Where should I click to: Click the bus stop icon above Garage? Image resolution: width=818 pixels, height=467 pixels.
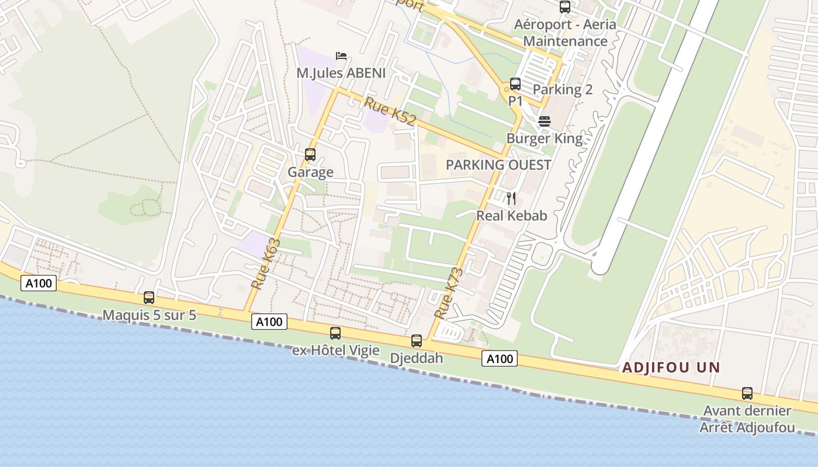(x=310, y=155)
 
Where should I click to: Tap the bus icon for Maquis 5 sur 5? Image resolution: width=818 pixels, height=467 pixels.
(x=149, y=298)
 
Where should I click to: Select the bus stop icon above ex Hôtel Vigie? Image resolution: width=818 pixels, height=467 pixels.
(x=335, y=333)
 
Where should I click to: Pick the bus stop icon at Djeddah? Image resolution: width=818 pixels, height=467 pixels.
(x=417, y=341)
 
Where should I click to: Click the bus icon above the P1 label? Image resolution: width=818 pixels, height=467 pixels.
(x=515, y=84)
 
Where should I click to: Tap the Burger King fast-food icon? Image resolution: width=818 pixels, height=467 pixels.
(x=545, y=121)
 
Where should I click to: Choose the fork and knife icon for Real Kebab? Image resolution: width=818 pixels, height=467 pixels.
(x=511, y=198)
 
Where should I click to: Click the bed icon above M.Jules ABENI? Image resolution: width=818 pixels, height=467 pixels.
(x=341, y=56)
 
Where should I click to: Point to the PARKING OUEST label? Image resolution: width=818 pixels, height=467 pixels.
(x=498, y=165)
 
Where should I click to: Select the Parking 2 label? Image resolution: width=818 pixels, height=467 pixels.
(x=563, y=89)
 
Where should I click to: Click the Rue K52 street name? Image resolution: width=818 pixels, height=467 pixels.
(x=390, y=111)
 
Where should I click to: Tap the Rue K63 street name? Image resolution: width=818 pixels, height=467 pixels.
(x=266, y=264)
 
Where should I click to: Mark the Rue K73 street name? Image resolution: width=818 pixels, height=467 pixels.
(x=449, y=293)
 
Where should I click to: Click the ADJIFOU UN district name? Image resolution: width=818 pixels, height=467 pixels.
(x=671, y=368)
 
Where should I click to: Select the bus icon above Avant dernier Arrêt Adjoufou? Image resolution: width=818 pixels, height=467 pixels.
(x=747, y=393)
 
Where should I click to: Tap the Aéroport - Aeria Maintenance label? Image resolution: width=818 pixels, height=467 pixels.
(x=565, y=33)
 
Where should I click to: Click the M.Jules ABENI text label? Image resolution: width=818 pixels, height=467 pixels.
(x=341, y=73)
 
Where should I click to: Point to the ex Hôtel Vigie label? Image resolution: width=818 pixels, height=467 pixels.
(x=336, y=350)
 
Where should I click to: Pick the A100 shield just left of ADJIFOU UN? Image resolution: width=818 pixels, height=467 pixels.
(x=500, y=358)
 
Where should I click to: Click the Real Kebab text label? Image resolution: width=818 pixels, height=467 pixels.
(x=511, y=215)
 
